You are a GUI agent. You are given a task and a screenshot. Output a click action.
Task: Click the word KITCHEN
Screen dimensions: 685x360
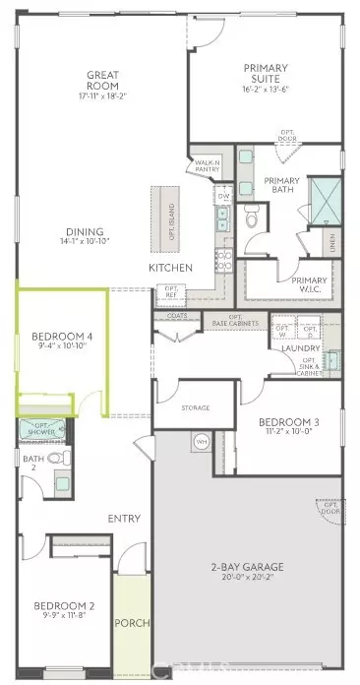tap(169, 269)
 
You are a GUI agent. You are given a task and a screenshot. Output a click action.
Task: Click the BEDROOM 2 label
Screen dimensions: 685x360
tap(65, 610)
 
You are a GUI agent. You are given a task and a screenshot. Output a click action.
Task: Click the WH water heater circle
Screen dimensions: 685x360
tap(203, 442)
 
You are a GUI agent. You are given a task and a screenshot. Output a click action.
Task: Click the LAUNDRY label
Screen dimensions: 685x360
tap(297, 348)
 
